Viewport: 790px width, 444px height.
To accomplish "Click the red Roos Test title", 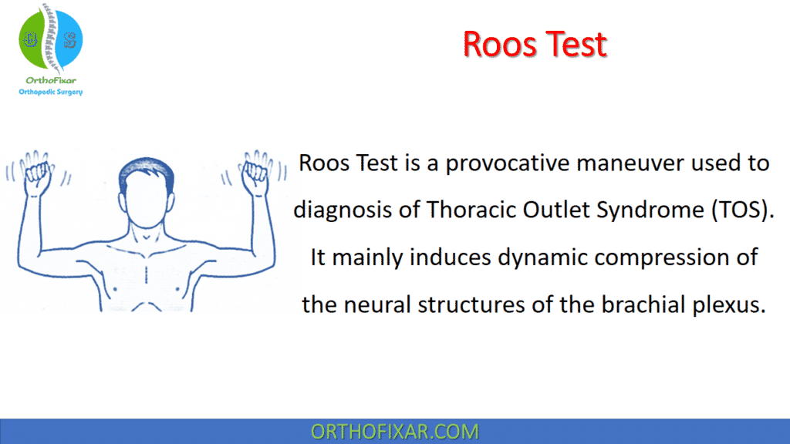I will tap(535, 45).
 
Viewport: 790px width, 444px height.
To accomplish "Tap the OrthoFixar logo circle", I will tap(49, 38).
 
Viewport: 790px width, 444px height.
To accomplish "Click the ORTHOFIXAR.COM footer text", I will tap(394, 432).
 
